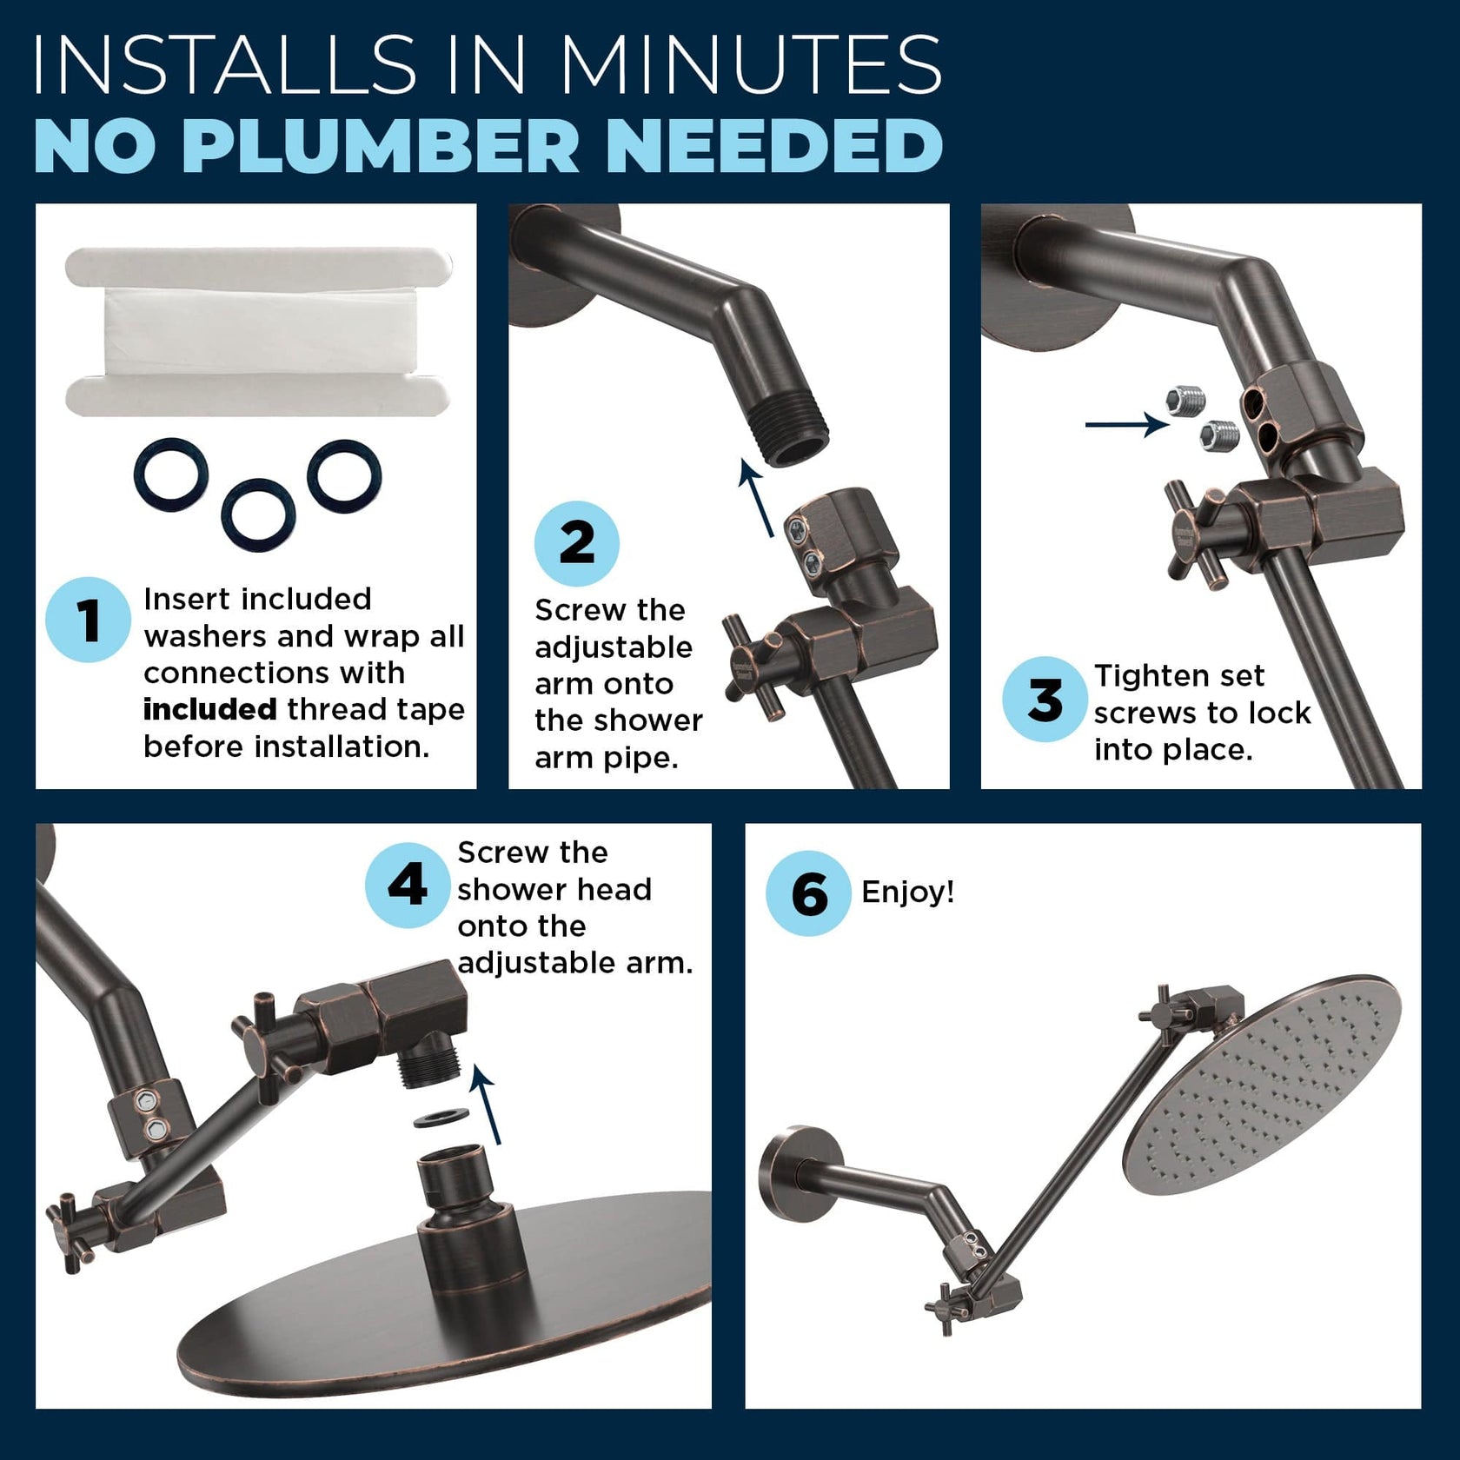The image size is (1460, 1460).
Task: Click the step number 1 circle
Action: [x=88, y=620]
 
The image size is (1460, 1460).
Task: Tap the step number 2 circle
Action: [x=576, y=543]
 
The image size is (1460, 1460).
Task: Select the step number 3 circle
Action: [x=1044, y=699]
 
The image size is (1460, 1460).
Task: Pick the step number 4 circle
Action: [x=407, y=885]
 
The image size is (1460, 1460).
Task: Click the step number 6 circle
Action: [x=807, y=893]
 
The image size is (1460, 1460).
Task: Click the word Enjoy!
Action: [x=907, y=892]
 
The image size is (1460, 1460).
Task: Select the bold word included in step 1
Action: [x=209, y=710]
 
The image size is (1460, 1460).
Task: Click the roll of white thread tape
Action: [x=258, y=332]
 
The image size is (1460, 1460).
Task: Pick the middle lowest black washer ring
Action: [x=258, y=515]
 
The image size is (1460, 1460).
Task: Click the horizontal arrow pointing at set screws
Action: [x=1126, y=424]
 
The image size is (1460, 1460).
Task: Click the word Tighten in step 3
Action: [x=1140, y=675]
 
